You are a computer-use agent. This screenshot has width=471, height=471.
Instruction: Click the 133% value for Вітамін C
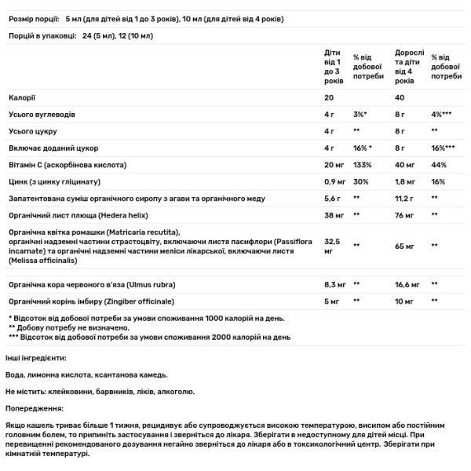point(362,166)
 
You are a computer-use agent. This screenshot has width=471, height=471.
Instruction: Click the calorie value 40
point(400,97)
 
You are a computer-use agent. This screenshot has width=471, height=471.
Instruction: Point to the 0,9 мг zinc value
point(335,183)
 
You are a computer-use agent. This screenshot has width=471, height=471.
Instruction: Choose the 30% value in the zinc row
point(360,183)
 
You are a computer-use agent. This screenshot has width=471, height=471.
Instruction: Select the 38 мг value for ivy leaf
point(334,218)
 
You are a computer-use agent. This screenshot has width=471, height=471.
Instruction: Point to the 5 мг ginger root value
point(332,301)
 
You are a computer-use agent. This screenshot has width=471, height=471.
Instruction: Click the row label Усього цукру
point(32,131)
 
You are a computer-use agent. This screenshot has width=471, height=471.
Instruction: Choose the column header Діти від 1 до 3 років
point(333,67)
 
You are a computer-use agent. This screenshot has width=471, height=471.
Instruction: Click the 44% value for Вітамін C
point(438,166)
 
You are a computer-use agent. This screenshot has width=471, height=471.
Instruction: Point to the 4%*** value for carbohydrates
point(442,115)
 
